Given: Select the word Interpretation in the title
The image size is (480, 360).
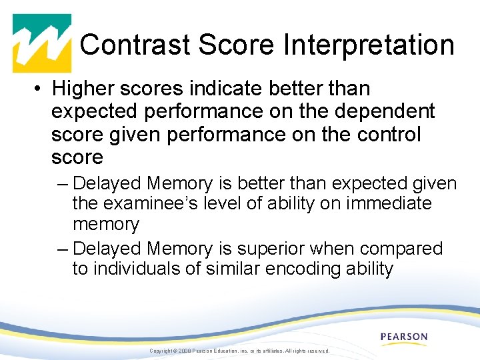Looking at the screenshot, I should [369, 45].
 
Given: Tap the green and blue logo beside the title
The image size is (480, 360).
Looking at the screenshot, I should [42, 43].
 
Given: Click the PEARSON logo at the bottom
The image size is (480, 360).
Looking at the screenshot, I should [404, 337].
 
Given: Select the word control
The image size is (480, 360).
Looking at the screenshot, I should [388, 134].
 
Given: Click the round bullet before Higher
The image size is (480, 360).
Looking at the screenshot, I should [40, 89].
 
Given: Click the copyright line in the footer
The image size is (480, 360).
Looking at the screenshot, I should [239, 351].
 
